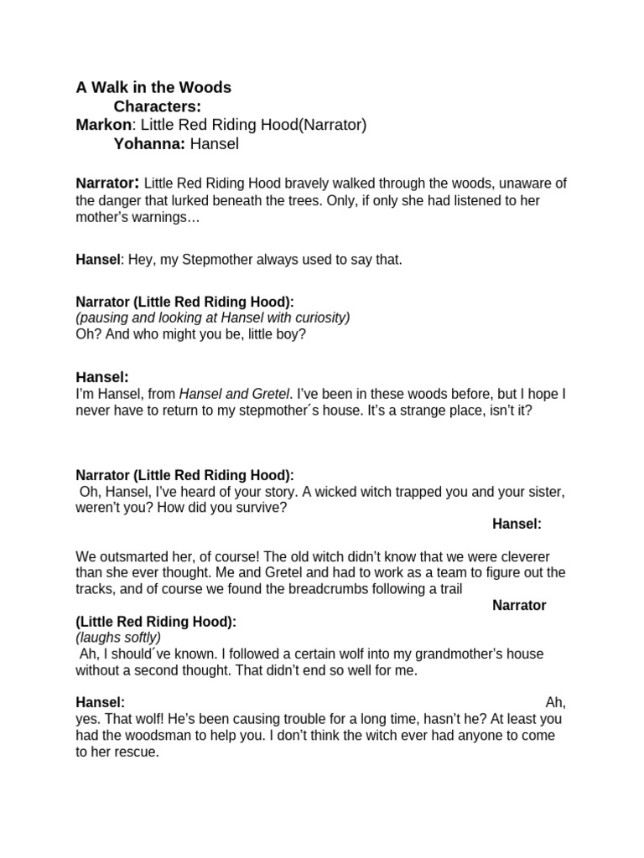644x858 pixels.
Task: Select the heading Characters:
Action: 157,106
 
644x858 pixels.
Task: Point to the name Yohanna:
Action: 149,143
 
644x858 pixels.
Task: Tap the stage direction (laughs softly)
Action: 118,638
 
